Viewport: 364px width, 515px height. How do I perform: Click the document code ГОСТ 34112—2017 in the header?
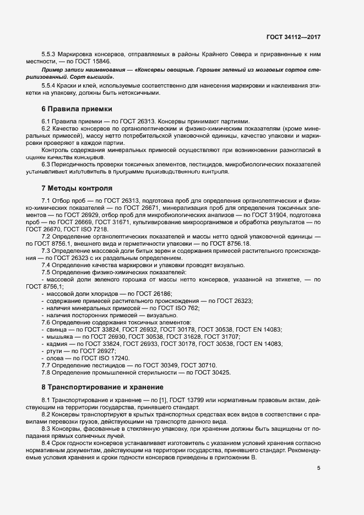point(293,37)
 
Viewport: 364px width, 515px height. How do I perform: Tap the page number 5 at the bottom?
point(319,468)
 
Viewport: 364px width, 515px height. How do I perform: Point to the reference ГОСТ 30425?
point(210,372)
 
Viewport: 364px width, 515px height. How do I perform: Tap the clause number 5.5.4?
point(50,86)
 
